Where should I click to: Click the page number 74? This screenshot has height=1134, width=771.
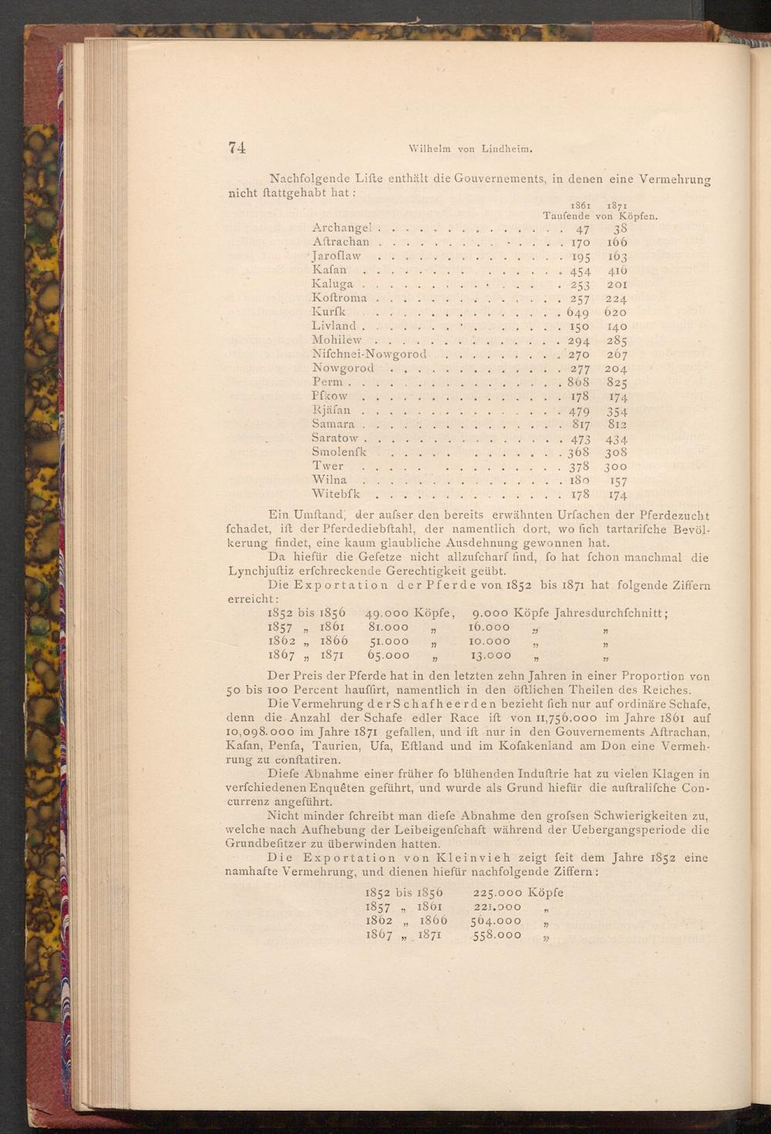tap(236, 148)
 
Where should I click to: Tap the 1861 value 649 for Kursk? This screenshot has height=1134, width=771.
tap(578, 313)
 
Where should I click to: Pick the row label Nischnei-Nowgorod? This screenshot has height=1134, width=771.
tap(369, 354)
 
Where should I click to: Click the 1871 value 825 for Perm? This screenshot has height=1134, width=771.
tap(617, 383)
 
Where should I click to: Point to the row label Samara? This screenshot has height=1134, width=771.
tap(333, 424)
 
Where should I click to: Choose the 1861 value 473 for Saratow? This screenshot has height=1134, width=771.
tap(580, 438)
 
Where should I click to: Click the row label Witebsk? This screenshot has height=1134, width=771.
tap(336, 494)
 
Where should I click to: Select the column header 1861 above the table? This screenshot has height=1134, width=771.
tap(580, 206)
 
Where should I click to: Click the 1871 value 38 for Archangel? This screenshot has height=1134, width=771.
tap(620, 229)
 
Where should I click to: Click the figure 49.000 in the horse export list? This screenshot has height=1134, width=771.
tap(387, 613)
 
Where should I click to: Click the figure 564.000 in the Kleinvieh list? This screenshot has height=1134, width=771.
tap(496, 921)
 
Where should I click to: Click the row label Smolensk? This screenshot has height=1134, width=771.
tap(338, 452)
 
